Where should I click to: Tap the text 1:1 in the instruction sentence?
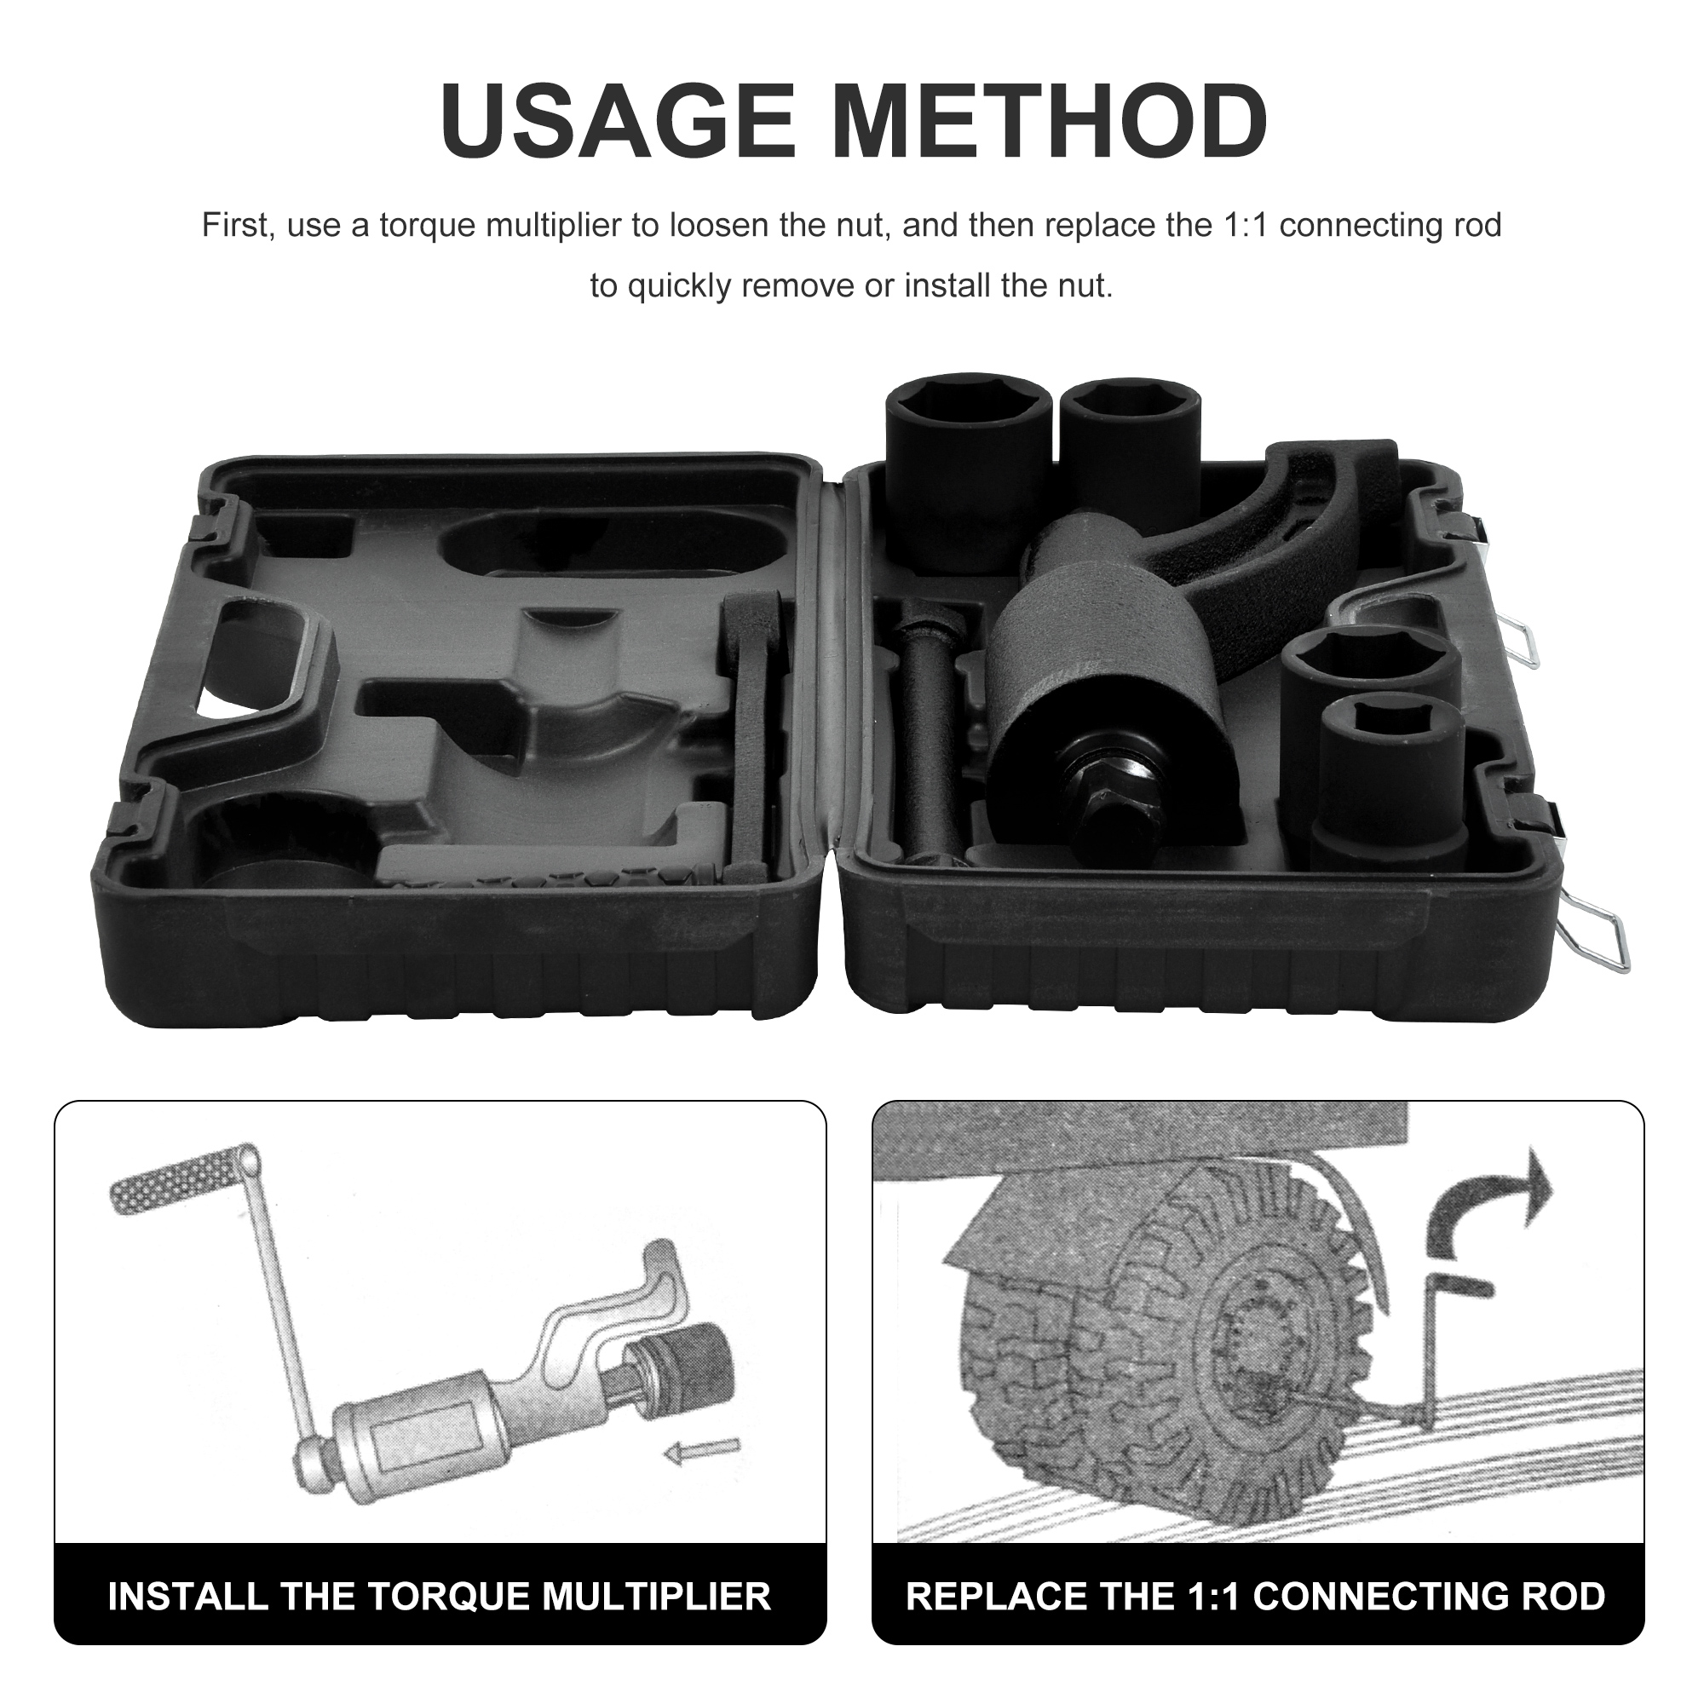click(x=1245, y=226)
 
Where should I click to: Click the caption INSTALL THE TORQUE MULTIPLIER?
click(x=440, y=1597)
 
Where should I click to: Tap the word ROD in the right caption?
click(x=1569, y=1597)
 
